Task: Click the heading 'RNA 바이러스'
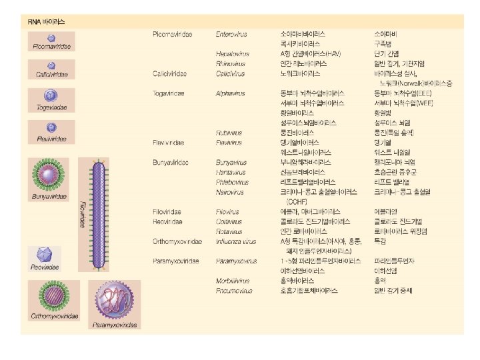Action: point(46,21)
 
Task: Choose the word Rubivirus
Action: point(229,132)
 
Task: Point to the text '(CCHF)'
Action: point(296,201)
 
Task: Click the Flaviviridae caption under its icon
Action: point(50,139)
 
